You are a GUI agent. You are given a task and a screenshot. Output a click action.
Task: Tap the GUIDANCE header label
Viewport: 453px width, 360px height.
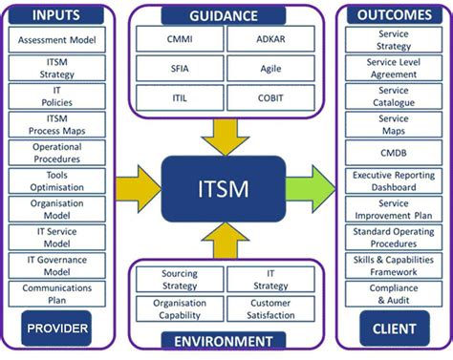point(224,16)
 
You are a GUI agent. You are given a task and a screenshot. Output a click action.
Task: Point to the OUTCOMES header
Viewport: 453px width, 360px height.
point(394,15)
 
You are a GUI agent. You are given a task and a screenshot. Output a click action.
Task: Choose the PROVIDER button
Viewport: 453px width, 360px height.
point(56,329)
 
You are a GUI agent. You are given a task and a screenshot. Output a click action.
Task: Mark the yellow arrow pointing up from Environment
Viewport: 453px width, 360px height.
point(226,239)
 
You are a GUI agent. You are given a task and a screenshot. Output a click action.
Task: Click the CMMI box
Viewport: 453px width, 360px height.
point(179,39)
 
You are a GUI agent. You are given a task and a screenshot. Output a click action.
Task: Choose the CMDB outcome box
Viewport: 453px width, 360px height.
point(394,152)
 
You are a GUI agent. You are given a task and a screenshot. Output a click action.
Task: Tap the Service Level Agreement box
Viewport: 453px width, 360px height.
point(394,69)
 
